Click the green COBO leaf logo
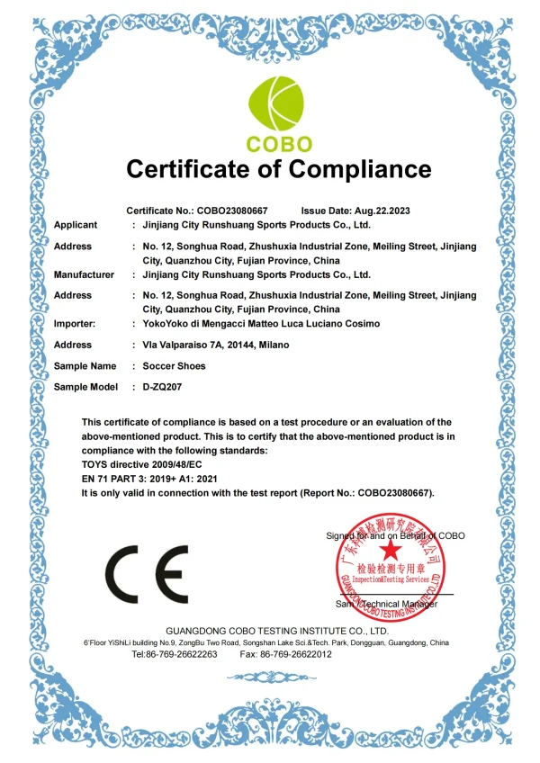click(x=278, y=104)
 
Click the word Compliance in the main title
click(x=352, y=168)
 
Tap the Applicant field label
click(x=76, y=225)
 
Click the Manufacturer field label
click(x=84, y=274)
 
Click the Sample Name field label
click(x=85, y=366)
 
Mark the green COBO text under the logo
click(x=279, y=144)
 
